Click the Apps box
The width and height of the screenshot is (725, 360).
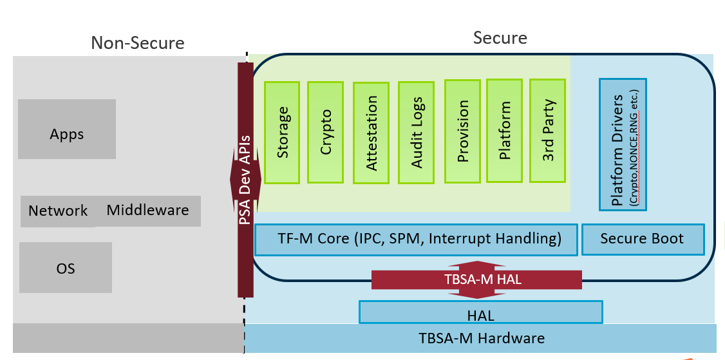66,129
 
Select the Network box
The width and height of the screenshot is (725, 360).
58,211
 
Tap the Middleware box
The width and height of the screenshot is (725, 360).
148,211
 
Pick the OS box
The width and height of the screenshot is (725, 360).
66,267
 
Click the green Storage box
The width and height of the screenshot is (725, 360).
281,132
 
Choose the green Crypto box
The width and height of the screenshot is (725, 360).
326,132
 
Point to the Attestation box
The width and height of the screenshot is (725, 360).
371,133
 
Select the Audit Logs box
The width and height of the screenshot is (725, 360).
416,133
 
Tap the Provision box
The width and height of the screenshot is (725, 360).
462,131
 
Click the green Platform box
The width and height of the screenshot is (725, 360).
504,131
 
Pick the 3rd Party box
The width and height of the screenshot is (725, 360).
548,131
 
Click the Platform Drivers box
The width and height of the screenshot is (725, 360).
623,144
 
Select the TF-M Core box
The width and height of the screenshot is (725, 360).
416,240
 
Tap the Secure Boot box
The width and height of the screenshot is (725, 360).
643,239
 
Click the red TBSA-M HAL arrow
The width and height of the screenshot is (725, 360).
476,280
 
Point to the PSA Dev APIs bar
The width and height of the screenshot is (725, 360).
245,180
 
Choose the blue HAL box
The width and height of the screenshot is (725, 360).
481,312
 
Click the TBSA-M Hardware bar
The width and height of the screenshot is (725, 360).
480,338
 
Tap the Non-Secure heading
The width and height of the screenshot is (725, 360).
138,43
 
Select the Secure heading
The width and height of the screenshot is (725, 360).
500,38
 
